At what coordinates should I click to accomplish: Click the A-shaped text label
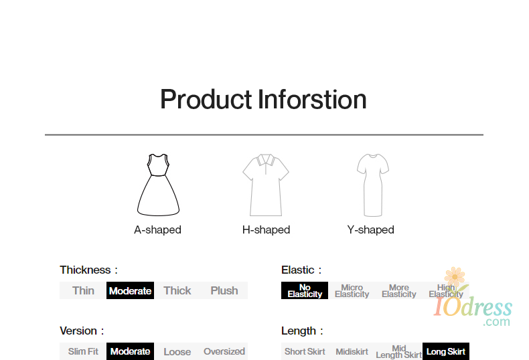coord(157,230)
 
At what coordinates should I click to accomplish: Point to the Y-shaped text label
coord(370,230)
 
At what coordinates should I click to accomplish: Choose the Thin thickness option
coord(83,290)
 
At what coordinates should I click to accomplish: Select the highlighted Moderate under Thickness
coord(130,290)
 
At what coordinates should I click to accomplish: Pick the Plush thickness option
coord(224,290)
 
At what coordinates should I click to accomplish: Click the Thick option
coord(177,290)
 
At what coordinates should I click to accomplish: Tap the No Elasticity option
coord(305,290)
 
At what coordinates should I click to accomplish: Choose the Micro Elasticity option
coord(352,290)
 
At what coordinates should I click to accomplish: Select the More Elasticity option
coord(399,290)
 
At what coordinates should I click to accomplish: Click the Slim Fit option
coord(83,351)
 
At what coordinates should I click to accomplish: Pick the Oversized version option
coord(224,351)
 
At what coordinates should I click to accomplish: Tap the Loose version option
coord(177,351)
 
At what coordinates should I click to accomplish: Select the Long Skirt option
coord(446,351)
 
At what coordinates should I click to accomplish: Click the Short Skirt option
coord(305,351)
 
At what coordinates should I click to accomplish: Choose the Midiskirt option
coord(352,351)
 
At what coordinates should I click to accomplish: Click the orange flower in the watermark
coord(455,277)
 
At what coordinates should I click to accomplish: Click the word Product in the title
coord(206,100)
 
